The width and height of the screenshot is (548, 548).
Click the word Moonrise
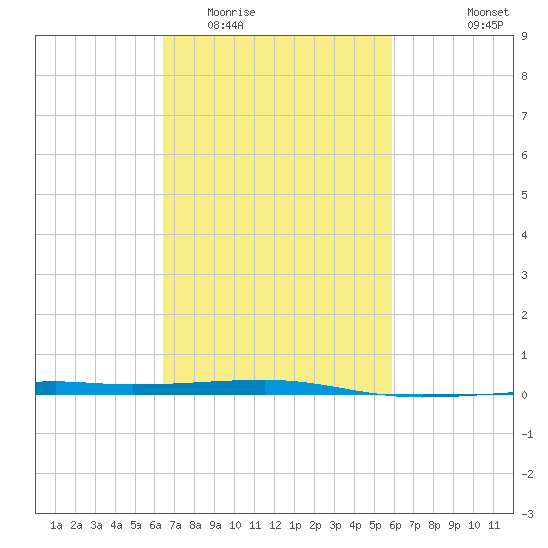pyautogui.click(x=231, y=12)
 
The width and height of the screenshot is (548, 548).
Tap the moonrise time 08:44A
pyautogui.click(x=225, y=25)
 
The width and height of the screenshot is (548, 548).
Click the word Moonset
pyautogui.click(x=488, y=12)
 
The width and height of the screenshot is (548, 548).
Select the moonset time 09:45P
pyautogui.click(x=485, y=25)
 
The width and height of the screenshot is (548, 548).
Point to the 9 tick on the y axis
pyautogui.click(x=524, y=36)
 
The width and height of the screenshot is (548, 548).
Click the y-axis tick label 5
pyautogui.click(x=524, y=195)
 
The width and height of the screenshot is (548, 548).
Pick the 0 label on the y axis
pyautogui.click(x=524, y=395)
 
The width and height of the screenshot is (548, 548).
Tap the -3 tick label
pyautogui.click(x=527, y=514)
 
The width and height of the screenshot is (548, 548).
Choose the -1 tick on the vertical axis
pyautogui.click(x=527, y=434)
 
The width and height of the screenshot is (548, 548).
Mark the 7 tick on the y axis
pyautogui.click(x=524, y=116)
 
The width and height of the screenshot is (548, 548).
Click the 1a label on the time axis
pyautogui.click(x=56, y=525)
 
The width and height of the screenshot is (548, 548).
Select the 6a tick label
pyautogui.click(x=155, y=525)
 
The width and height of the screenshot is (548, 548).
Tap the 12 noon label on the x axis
pyautogui.click(x=275, y=525)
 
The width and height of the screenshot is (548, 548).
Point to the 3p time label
pyautogui.click(x=335, y=525)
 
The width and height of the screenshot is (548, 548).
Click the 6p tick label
pyautogui.click(x=395, y=525)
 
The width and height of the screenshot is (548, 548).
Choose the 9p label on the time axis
pyautogui.click(x=454, y=525)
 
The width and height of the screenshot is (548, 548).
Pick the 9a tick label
pyautogui.click(x=215, y=525)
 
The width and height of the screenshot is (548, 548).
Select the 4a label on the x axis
pyautogui.click(x=116, y=525)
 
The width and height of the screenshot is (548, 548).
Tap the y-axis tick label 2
pyautogui.click(x=524, y=315)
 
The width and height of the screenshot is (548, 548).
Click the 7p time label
pyautogui.click(x=414, y=525)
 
